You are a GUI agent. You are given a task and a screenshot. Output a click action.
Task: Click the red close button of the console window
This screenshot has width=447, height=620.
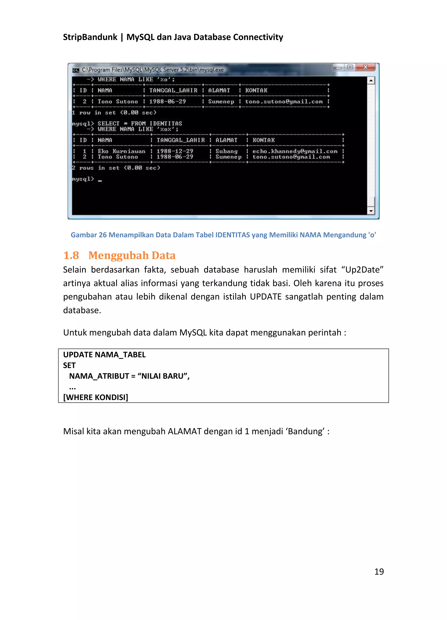[x=365, y=67]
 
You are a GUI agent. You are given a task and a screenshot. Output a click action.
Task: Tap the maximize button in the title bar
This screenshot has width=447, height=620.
[x=350, y=67]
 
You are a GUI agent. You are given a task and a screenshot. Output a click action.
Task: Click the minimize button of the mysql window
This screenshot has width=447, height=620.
[x=339, y=68]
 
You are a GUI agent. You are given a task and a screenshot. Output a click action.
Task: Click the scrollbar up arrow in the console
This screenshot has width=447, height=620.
[x=371, y=80]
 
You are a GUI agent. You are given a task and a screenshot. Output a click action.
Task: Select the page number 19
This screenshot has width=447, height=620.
[x=379, y=571]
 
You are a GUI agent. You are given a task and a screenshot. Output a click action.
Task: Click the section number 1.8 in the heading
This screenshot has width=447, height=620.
[x=71, y=255]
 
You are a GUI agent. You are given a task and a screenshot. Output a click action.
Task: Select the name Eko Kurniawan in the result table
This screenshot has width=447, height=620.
[x=121, y=151]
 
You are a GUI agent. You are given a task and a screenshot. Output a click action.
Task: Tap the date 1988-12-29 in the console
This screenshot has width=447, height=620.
[x=175, y=151]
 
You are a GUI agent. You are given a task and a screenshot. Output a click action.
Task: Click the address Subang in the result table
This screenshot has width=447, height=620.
[x=226, y=151]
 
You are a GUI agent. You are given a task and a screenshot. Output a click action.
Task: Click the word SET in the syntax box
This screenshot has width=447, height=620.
[x=69, y=366]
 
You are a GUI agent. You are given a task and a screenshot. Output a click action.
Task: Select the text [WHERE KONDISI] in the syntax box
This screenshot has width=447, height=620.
[x=96, y=397]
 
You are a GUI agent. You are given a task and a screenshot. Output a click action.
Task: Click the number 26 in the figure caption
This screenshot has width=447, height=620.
[x=103, y=235]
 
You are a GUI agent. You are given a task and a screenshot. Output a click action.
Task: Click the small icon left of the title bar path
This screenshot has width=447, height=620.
[x=76, y=70]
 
